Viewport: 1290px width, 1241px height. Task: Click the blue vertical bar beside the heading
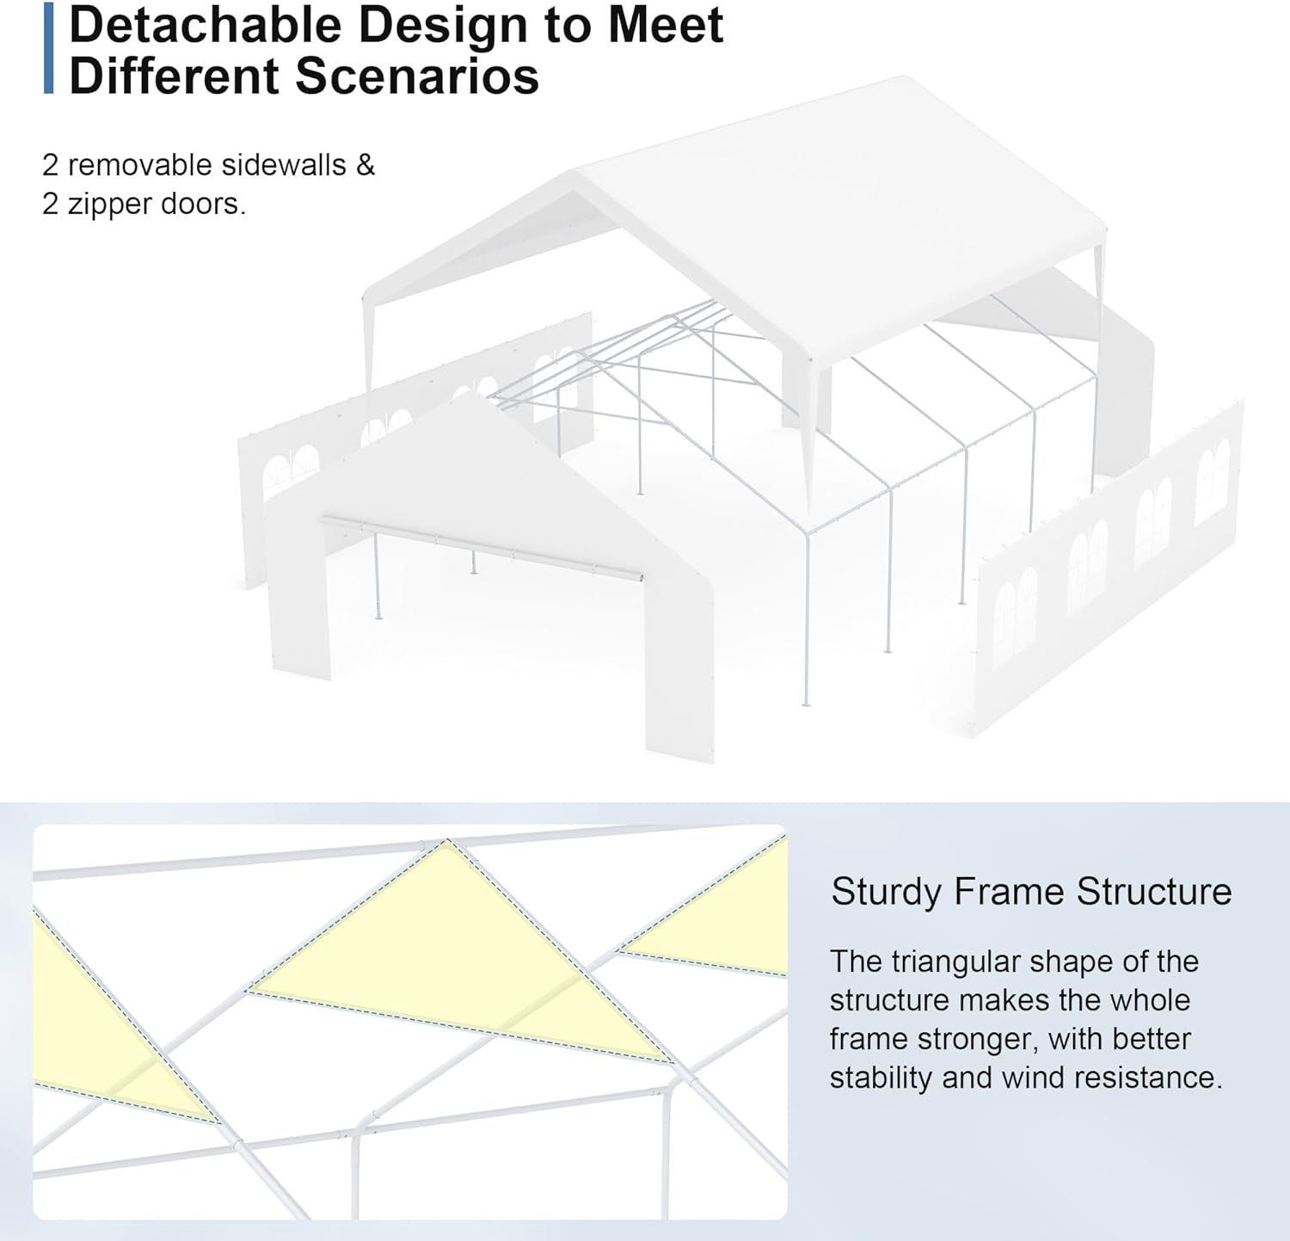pyautogui.click(x=48, y=47)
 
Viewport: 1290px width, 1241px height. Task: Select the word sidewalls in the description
pyautogui.click(x=272, y=164)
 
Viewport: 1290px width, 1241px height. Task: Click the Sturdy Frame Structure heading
pyautogui.click(x=1031, y=892)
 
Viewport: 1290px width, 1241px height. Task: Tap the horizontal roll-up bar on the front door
pyautogui.click(x=482, y=548)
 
